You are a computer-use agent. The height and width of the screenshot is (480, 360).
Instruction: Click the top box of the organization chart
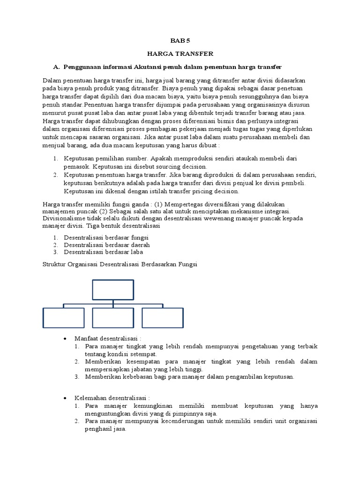pos(113,290)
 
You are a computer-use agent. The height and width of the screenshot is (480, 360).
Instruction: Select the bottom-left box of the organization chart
pos(63,317)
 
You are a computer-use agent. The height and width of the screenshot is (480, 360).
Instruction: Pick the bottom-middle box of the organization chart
pos(113,317)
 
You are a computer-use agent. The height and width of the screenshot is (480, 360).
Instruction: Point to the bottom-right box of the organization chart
pos(163,317)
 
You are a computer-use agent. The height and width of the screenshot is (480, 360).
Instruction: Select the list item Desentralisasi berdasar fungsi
pos(106,237)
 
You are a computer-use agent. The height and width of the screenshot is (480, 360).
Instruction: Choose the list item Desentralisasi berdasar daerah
pos(107,245)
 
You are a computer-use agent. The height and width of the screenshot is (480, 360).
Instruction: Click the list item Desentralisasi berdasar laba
pos(103,252)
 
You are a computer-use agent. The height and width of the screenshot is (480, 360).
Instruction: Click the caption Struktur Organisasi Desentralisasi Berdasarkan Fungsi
pos(120,265)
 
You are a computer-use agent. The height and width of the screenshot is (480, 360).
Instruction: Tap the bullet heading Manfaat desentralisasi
pos(107,338)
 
